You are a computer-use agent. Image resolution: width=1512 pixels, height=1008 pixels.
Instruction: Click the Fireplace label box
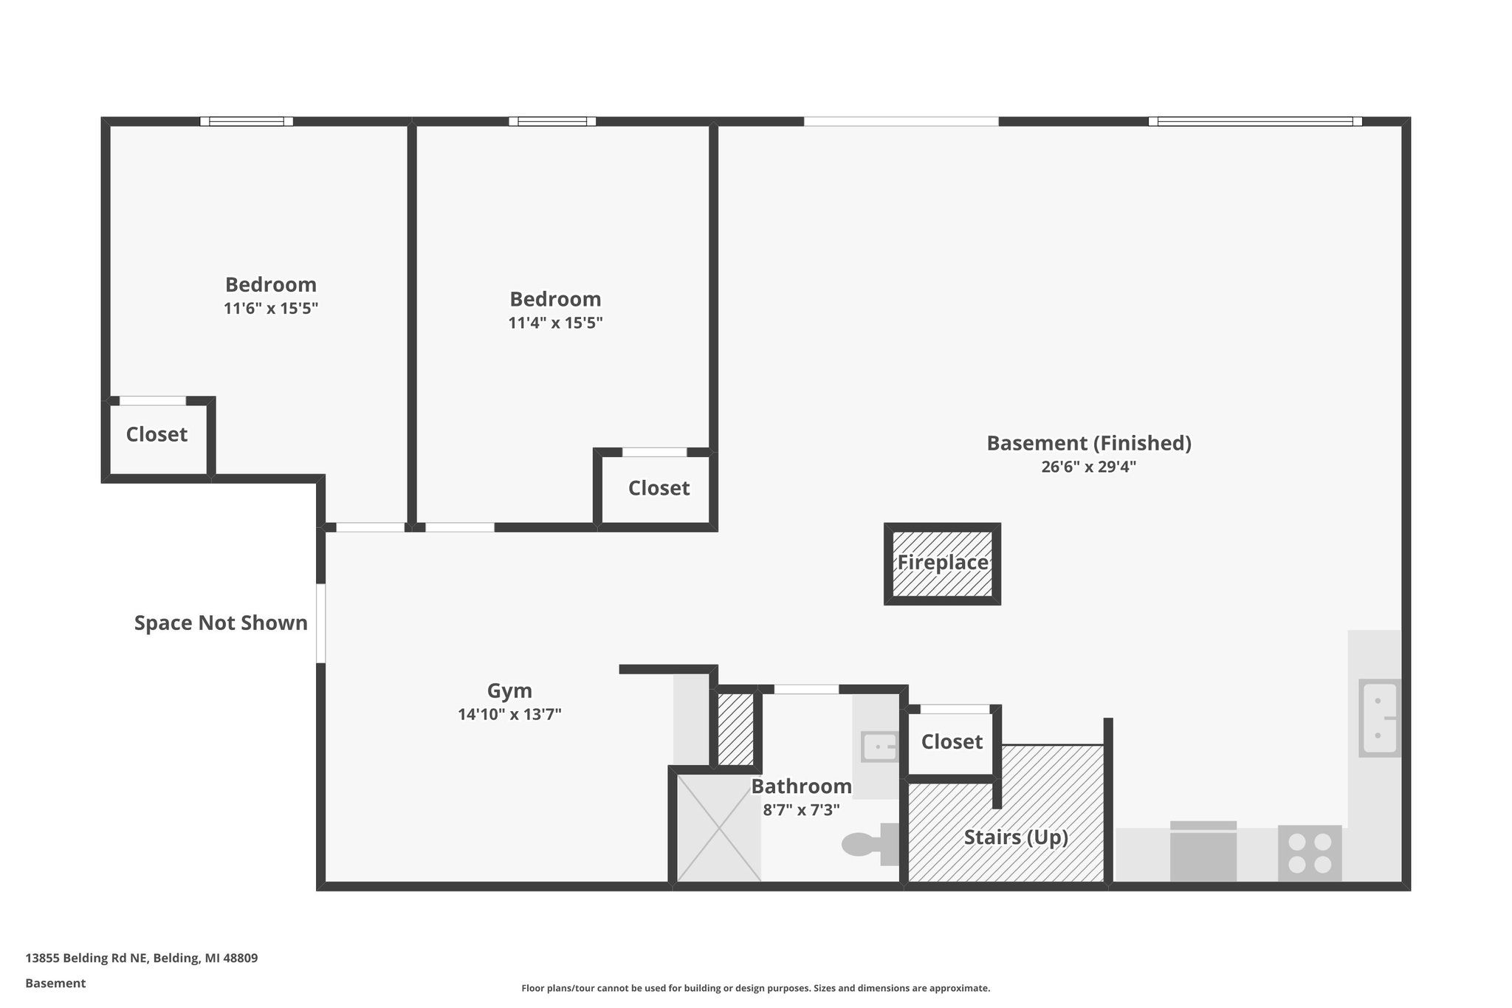pyautogui.click(x=942, y=563)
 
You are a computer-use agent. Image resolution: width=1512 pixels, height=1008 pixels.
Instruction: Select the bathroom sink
pyautogui.click(x=879, y=747)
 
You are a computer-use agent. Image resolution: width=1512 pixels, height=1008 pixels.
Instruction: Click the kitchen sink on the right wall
pyautogui.click(x=1378, y=718)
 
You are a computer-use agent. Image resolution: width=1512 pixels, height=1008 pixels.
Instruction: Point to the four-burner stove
pyautogui.click(x=1310, y=853)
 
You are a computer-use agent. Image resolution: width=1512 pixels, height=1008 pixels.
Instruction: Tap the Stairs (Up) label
pyautogui.click(x=1016, y=837)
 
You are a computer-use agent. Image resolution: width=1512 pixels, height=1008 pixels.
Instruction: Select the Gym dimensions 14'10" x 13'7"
pyautogui.click(x=509, y=714)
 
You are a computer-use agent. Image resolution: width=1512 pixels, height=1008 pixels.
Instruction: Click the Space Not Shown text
pyautogui.click(x=221, y=623)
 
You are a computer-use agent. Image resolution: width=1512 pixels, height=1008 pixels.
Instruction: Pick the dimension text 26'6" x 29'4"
pyautogui.click(x=1088, y=467)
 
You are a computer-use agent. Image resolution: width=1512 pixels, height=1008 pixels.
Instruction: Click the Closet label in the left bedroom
pyautogui.click(x=157, y=434)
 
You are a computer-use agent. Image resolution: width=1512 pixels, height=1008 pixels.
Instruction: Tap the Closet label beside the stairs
pyautogui.click(x=952, y=741)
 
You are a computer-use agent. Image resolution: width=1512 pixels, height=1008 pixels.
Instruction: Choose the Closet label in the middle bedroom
pyautogui.click(x=659, y=488)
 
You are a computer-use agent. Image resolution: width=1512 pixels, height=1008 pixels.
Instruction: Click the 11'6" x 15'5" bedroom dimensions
pyautogui.click(x=271, y=308)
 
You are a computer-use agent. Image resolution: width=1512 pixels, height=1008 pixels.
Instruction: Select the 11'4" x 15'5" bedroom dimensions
pyautogui.click(x=555, y=323)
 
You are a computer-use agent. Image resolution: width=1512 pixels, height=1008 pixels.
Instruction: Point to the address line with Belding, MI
pyautogui.click(x=142, y=959)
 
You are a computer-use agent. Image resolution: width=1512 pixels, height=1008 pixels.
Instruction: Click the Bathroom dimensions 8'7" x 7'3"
pyautogui.click(x=801, y=810)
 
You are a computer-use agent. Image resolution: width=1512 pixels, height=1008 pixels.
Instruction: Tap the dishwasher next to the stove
pyautogui.click(x=1203, y=851)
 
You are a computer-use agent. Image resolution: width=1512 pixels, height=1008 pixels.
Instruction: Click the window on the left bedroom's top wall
pyautogui.click(x=247, y=121)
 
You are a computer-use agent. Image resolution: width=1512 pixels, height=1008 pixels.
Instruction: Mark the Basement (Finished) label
pyautogui.click(x=1089, y=443)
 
